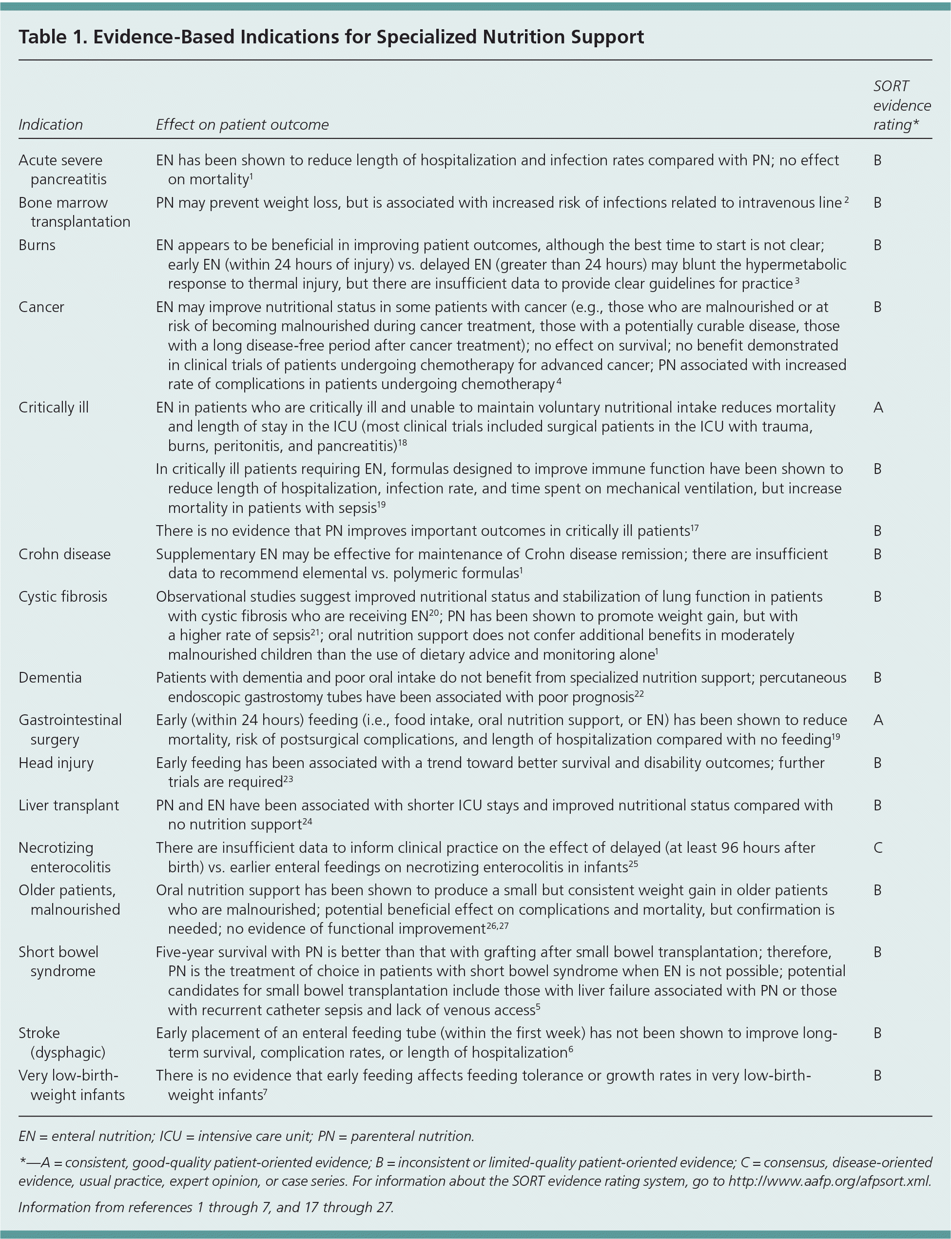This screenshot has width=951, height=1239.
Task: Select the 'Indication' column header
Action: click(x=50, y=124)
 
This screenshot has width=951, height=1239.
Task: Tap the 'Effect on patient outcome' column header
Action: click(x=242, y=124)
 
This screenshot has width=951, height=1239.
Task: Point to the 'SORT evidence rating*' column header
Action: click(x=901, y=105)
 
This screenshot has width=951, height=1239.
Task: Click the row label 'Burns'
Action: click(x=37, y=245)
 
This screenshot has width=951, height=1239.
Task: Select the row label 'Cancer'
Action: click(x=41, y=307)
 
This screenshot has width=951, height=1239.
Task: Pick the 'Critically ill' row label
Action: click(x=53, y=407)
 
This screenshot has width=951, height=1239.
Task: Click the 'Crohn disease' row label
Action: click(x=64, y=554)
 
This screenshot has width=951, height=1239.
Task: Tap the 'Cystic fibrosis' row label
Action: click(x=63, y=596)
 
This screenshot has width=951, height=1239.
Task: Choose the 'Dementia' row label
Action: click(x=50, y=677)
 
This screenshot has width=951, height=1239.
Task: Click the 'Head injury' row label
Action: click(x=56, y=763)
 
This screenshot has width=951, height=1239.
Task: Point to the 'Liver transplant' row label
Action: click(x=69, y=805)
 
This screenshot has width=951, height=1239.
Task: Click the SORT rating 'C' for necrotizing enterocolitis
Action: click(x=878, y=848)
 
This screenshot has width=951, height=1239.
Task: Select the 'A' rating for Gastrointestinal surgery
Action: click(x=878, y=720)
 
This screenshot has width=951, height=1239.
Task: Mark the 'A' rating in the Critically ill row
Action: click(x=878, y=407)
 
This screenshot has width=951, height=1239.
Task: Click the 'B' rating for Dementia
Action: click(x=877, y=677)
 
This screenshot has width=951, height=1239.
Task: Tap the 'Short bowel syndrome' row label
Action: click(x=58, y=962)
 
